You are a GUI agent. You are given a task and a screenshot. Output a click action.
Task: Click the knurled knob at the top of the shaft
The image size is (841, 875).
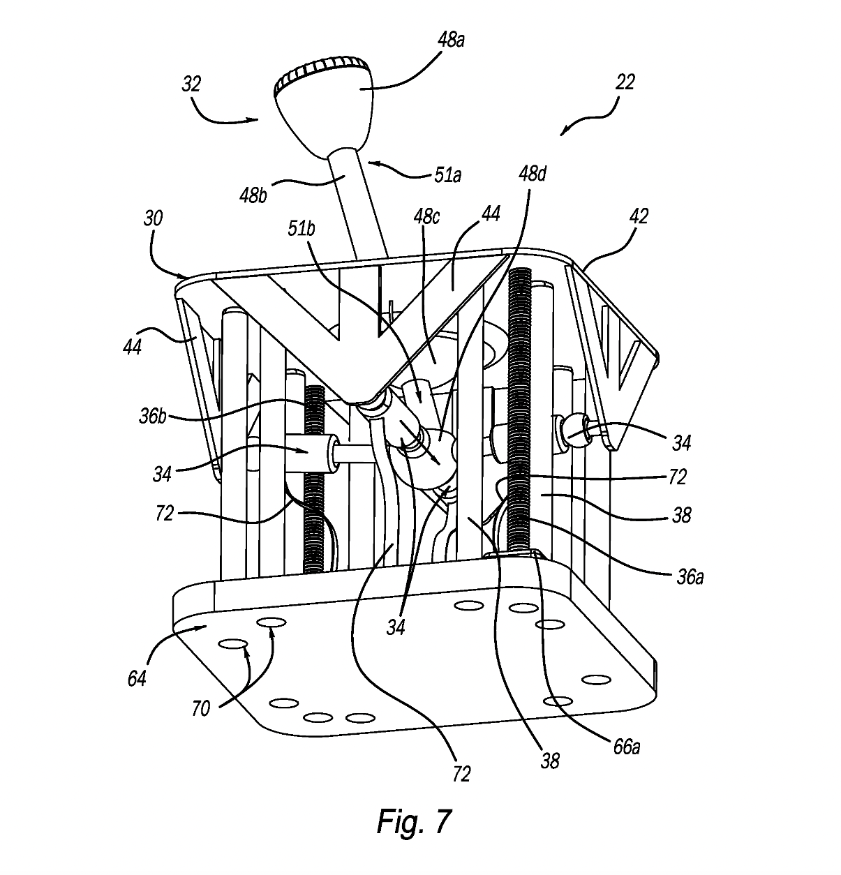pos(322,100)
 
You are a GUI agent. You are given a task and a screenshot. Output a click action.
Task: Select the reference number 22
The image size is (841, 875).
pos(625,82)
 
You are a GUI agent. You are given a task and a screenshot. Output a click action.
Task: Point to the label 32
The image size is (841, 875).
pos(191,84)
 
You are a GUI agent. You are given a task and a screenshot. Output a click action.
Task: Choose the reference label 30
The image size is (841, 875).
pos(154,218)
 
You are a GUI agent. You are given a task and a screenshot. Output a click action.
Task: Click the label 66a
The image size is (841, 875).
pos(626,747)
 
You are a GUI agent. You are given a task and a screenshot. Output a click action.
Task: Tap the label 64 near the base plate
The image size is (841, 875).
pos(136,678)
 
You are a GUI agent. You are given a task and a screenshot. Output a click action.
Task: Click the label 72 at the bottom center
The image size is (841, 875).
pos(461,773)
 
